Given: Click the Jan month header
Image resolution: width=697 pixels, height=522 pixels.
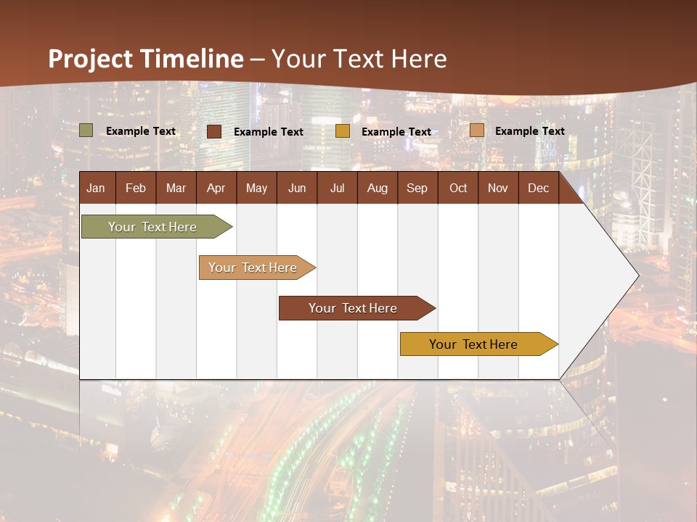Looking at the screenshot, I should [x=96, y=188].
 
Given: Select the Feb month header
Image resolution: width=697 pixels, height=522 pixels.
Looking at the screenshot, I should [x=136, y=188].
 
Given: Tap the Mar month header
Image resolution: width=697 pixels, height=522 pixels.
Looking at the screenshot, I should [x=176, y=188].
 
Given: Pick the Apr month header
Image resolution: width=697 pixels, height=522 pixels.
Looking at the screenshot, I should [x=216, y=188].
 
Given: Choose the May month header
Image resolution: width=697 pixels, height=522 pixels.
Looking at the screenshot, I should [x=256, y=188].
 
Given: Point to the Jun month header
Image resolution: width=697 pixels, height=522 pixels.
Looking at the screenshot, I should [x=297, y=188].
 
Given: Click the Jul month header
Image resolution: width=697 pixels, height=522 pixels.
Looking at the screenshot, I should [x=337, y=188].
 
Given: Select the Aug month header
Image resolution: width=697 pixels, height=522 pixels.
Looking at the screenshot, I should [x=377, y=188].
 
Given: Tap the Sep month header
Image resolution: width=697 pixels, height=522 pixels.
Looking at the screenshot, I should [x=417, y=188].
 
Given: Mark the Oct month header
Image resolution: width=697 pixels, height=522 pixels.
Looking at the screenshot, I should [x=458, y=188].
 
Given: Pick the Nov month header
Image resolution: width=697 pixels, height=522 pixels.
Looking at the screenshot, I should [x=498, y=188].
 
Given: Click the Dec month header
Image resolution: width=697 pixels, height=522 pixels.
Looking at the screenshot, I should [x=538, y=188].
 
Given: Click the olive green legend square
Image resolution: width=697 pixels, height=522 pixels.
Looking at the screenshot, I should [x=86, y=130].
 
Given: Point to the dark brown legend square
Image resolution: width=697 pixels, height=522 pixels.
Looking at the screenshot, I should [x=214, y=131].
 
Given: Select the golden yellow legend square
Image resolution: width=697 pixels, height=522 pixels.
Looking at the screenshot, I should [x=343, y=131].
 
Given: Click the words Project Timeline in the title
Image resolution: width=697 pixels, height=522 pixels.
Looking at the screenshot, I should [x=146, y=59].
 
